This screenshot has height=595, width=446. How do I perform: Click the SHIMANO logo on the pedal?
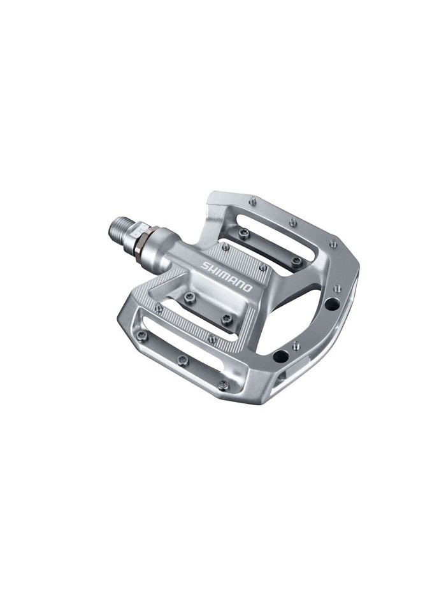pyautogui.click(x=227, y=276)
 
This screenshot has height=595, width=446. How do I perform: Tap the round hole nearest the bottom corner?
pyautogui.click(x=281, y=355)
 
